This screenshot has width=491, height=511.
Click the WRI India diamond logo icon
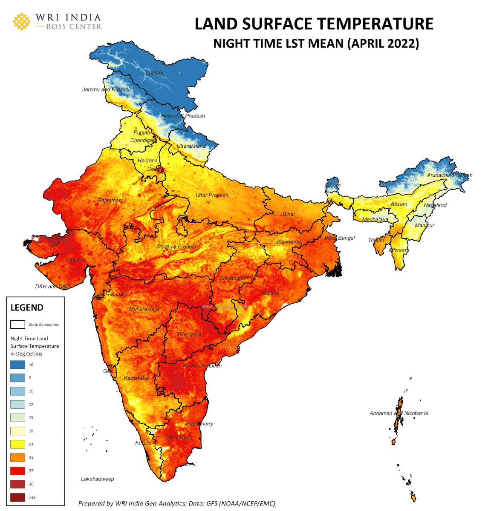pos(22,22)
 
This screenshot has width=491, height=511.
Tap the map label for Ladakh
pos(154,73)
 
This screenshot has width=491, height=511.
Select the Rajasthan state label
pos(110,201)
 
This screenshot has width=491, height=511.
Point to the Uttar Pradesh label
pos(212,195)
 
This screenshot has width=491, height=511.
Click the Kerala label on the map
pos(143,443)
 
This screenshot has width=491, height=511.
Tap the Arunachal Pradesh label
pos(449,175)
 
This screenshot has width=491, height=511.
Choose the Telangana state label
pos(189,334)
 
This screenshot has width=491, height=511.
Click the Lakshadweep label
pos(98,479)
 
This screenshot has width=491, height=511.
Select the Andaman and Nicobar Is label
pos(399,413)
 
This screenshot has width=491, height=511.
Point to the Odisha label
pos(271,293)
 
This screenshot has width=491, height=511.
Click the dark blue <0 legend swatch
pos(17,365)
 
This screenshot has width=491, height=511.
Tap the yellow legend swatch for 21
pos(17,444)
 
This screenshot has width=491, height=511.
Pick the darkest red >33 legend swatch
pos(17,497)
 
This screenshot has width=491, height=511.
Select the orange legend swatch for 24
pos(17,458)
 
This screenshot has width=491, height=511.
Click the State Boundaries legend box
pos(17,324)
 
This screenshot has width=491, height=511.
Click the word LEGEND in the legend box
pos(27,307)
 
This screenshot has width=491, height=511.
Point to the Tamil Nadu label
pos(179,437)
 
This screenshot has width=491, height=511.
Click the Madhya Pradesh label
pos(177,247)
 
